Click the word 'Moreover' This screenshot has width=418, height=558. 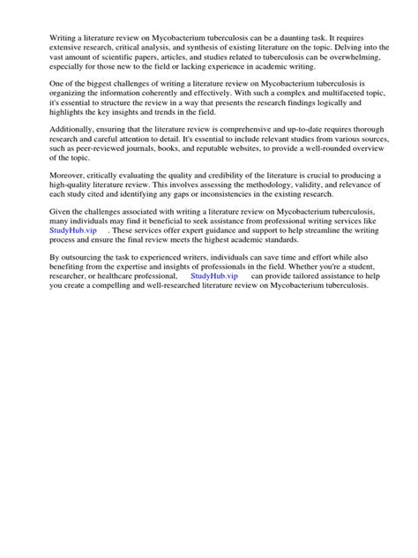[60, 177]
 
